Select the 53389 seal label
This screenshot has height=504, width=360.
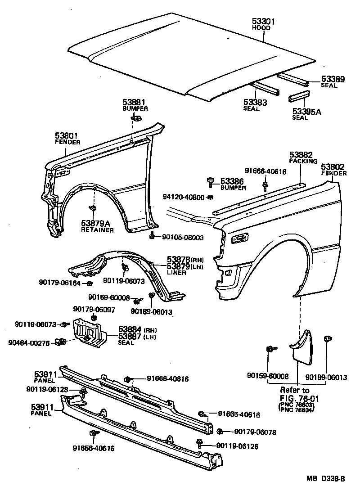(333, 79)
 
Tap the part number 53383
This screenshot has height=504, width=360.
(255, 103)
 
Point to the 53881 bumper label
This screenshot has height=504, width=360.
(135, 103)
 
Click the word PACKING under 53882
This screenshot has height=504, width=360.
(303, 161)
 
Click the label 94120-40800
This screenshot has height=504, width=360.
(184, 197)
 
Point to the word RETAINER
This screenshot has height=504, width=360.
(97, 230)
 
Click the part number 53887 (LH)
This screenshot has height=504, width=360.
(130, 336)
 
